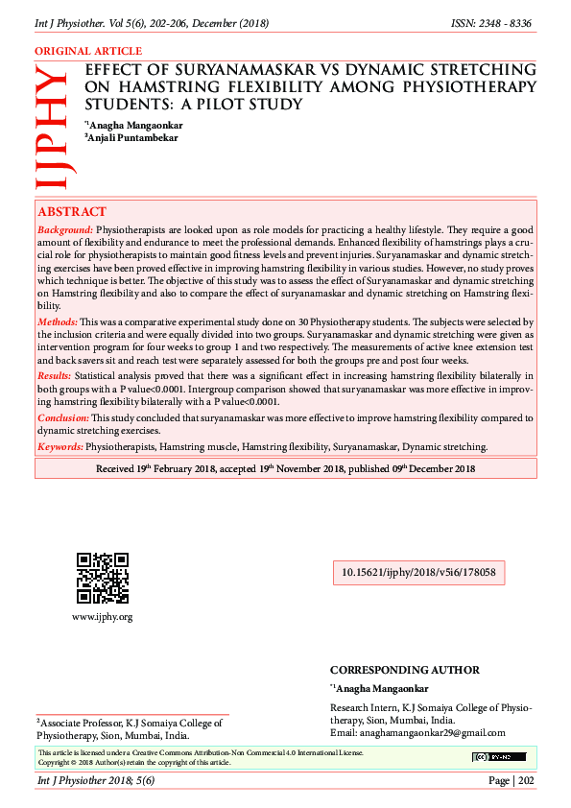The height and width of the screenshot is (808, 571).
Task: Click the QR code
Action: [x=102, y=578]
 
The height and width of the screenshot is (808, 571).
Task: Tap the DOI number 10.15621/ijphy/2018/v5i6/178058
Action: [x=418, y=572]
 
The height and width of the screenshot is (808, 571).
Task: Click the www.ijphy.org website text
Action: [x=102, y=616]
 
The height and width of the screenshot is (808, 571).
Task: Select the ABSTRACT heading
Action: [x=72, y=211]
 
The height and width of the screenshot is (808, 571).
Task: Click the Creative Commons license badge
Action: [x=498, y=757]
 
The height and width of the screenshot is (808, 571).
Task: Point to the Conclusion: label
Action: [x=63, y=418]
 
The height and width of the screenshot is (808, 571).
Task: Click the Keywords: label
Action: [x=60, y=446]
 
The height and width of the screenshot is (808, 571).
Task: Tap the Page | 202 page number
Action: [x=512, y=781]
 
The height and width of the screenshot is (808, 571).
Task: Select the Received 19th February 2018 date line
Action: [x=286, y=468]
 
